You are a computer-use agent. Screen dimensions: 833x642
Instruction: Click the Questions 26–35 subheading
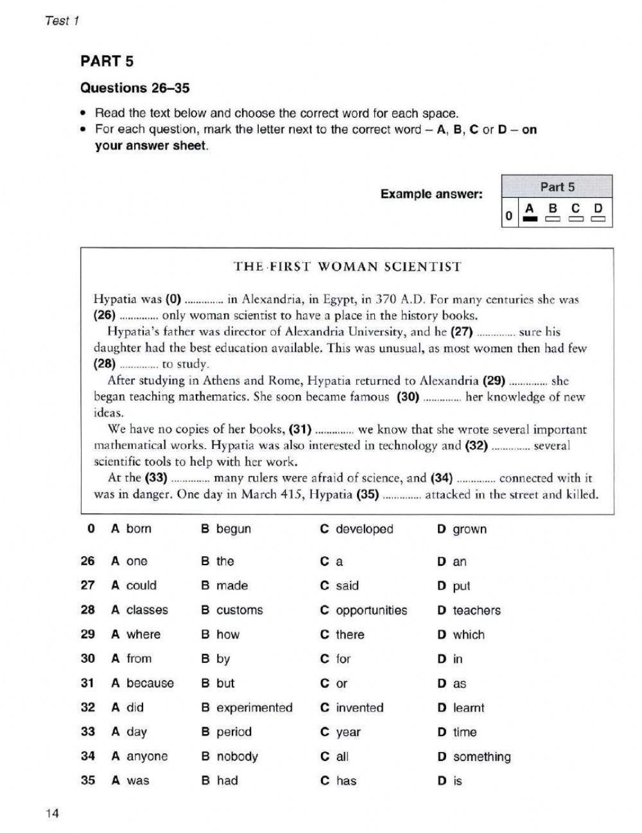pos(134,88)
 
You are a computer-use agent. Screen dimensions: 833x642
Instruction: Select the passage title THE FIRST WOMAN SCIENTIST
pos(347,267)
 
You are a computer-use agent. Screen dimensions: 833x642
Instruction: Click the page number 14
pos(52,814)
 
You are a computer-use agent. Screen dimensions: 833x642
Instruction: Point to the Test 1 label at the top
pos(62,21)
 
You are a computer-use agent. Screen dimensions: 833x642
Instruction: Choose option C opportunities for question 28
pos(363,610)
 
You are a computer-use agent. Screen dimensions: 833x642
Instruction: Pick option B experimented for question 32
pos(247,708)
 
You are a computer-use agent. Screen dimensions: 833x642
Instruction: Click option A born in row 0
pos(132,529)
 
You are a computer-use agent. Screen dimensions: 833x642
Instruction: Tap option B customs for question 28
pos(232,610)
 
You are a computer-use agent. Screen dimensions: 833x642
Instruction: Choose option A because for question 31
pos(143,683)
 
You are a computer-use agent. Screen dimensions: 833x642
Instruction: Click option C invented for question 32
pos(352,708)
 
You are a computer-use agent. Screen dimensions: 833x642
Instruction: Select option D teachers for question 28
pos(469,610)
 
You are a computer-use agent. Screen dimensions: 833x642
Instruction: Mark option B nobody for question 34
pos(229,757)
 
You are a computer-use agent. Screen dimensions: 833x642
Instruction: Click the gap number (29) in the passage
pos(494,380)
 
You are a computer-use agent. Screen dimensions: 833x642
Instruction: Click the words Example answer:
pos(431,193)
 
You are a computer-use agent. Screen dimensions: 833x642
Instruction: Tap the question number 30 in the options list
pos(88,658)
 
